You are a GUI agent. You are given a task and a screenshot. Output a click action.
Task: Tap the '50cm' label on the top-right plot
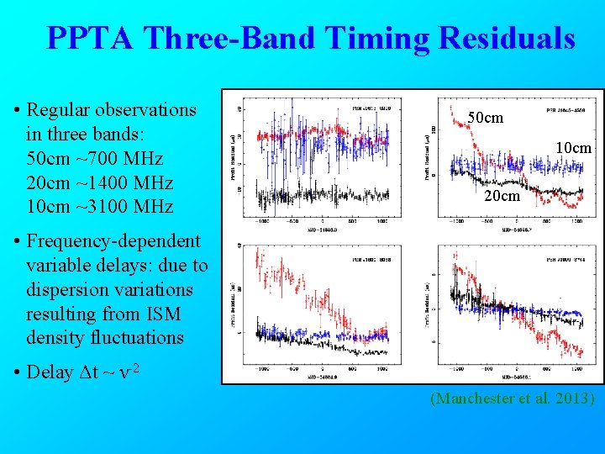pos(485,119)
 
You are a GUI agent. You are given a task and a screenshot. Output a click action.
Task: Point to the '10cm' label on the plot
pos(574,148)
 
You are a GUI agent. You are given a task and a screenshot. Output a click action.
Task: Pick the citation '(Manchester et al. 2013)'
pos(512,399)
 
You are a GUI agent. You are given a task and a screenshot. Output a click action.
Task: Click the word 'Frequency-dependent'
pos(113,241)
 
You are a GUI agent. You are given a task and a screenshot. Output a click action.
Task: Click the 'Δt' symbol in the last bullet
pos(86,372)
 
